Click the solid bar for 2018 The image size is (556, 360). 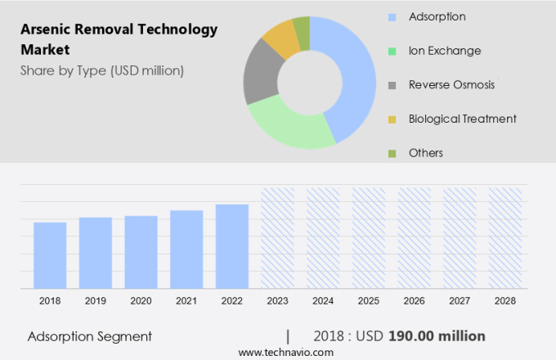pyautogui.click(x=50, y=254)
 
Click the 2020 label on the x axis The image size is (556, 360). pyautogui.click(x=141, y=301)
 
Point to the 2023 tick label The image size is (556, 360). pyautogui.click(x=277, y=301)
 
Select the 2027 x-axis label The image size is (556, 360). pyautogui.click(x=460, y=301)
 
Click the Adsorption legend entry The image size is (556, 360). pyautogui.click(x=437, y=16)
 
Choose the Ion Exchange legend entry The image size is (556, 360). pyautogui.click(x=444, y=51)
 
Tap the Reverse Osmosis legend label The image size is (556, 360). pyautogui.click(x=451, y=84)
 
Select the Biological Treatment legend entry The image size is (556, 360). pyautogui.click(x=462, y=119)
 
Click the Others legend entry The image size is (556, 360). pyautogui.click(x=426, y=153)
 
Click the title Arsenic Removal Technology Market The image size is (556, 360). pyautogui.click(x=119, y=39)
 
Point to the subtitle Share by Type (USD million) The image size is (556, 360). pyautogui.click(x=102, y=70)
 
